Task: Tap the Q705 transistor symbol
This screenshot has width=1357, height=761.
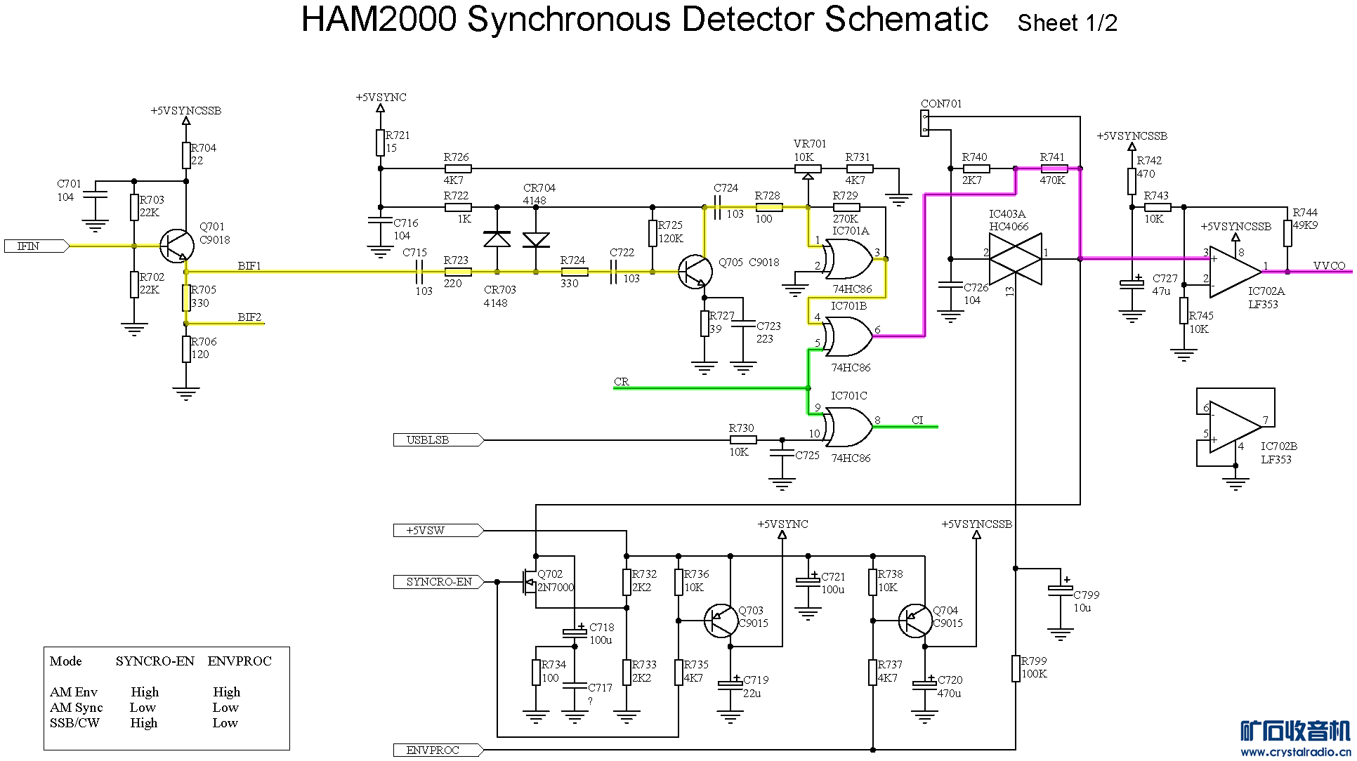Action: (695, 272)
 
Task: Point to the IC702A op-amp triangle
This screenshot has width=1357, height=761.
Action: (1235, 271)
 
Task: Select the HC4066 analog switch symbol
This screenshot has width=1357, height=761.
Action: (1015, 259)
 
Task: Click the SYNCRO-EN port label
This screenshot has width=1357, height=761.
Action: (438, 582)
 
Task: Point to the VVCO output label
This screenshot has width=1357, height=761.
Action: (1329, 266)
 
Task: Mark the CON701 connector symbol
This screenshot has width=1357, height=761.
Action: (925, 124)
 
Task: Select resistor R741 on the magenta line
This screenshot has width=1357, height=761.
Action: (1054, 168)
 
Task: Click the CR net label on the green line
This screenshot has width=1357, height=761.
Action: (621, 382)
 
